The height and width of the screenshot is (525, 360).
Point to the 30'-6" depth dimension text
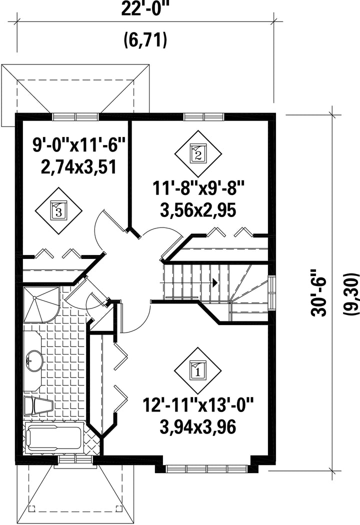pyautogui.click(x=318, y=292)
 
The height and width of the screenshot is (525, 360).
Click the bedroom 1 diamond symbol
pyautogui.click(x=198, y=371)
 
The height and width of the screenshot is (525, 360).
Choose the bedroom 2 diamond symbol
pyautogui.click(x=198, y=154)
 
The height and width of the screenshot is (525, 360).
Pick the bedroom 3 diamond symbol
pyautogui.click(x=59, y=210)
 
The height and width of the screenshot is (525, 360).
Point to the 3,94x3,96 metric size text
pyautogui.click(x=198, y=426)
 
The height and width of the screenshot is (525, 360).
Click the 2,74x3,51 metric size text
pyautogui.click(x=78, y=166)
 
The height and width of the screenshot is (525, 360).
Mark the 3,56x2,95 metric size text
pyautogui.click(x=198, y=210)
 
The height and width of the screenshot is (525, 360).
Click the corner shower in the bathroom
pyautogui.click(x=41, y=304)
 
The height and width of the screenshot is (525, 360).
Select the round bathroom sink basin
pyautogui.click(x=33, y=361)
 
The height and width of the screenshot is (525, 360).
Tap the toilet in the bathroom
pyautogui.click(x=38, y=405)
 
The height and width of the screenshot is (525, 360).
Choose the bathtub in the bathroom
pyautogui.click(x=54, y=436)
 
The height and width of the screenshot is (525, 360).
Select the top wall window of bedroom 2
pyautogui.click(x=204, y=116)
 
